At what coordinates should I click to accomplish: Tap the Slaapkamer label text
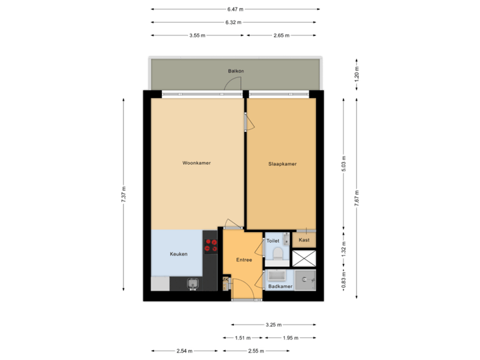pos(282,163)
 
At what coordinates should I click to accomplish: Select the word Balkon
pos(235,71)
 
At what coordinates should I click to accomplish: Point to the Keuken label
pos(178,254)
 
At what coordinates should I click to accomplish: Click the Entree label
pos(244,259)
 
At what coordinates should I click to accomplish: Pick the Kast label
pos(303,240)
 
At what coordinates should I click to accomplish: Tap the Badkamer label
pos(280,287)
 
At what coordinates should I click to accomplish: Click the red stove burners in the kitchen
pos(211,245)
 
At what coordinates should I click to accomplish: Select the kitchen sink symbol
pos(193,284)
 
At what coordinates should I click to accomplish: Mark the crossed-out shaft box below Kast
pos(303,258)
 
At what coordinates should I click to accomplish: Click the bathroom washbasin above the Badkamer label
pos(277,276)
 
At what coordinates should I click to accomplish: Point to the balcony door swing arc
pos(233,83)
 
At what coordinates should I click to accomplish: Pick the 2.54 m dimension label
pos(185,350)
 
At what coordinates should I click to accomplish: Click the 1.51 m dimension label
pos(243,337)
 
